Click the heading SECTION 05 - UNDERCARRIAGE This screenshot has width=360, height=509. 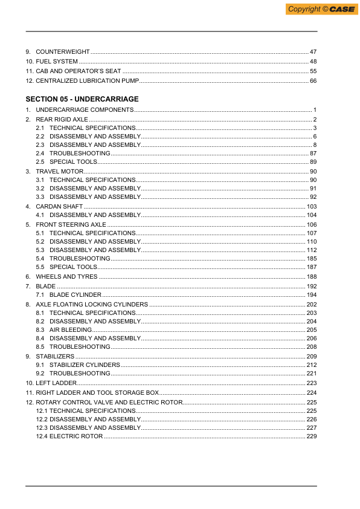pos(82,99)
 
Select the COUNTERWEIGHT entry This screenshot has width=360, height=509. pos(63,52)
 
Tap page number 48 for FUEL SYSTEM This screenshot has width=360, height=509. pos(313,62)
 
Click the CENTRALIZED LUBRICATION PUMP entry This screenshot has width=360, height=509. pos(88,80)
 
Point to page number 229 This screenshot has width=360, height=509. pos(312,436)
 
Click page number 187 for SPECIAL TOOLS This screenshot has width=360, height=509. pos(312,267)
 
